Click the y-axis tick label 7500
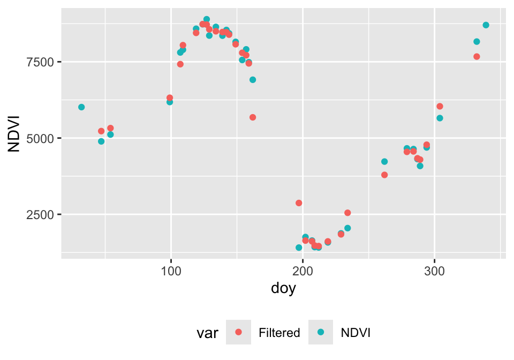[41, 62]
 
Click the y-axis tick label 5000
[41, 138]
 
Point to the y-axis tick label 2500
[41, 214]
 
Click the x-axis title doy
[283, 289]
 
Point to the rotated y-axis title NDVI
[14, 133]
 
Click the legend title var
[207, 333]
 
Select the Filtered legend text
[279, 333]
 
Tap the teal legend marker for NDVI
[321, 333]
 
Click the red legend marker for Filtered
[238, 333]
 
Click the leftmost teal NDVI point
[81, 107]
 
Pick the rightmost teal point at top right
[486, 25]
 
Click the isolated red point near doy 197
[299, 203]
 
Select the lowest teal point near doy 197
[299, 247]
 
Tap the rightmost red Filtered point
[477, 57]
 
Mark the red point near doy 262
[384, 175]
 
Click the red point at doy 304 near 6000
[440, 106]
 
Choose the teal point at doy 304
[440, 118]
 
